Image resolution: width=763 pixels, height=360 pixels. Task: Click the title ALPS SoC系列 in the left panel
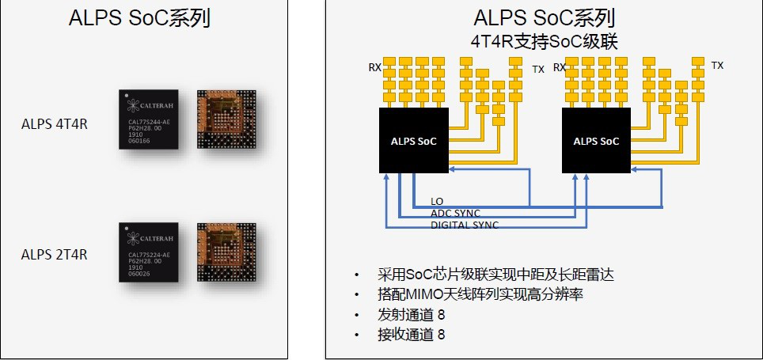pos(139,18)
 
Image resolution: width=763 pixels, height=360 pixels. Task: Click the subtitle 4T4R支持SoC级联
pos(544,40)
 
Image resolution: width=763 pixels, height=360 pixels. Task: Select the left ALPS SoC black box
pos(413,141)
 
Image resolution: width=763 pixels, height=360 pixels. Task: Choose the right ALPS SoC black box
pos(598,141)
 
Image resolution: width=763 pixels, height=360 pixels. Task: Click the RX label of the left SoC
pos(374,67)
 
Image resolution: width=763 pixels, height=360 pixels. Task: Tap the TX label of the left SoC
pos(538,69)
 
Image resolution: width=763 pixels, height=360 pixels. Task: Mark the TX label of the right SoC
pos(717,65)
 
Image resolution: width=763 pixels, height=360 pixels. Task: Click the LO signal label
pos(437,202)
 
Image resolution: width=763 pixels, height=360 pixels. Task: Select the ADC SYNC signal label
pos(455,214)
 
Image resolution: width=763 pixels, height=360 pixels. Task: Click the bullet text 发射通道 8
pos(412,315)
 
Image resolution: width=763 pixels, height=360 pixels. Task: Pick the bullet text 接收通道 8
pos(412,335)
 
